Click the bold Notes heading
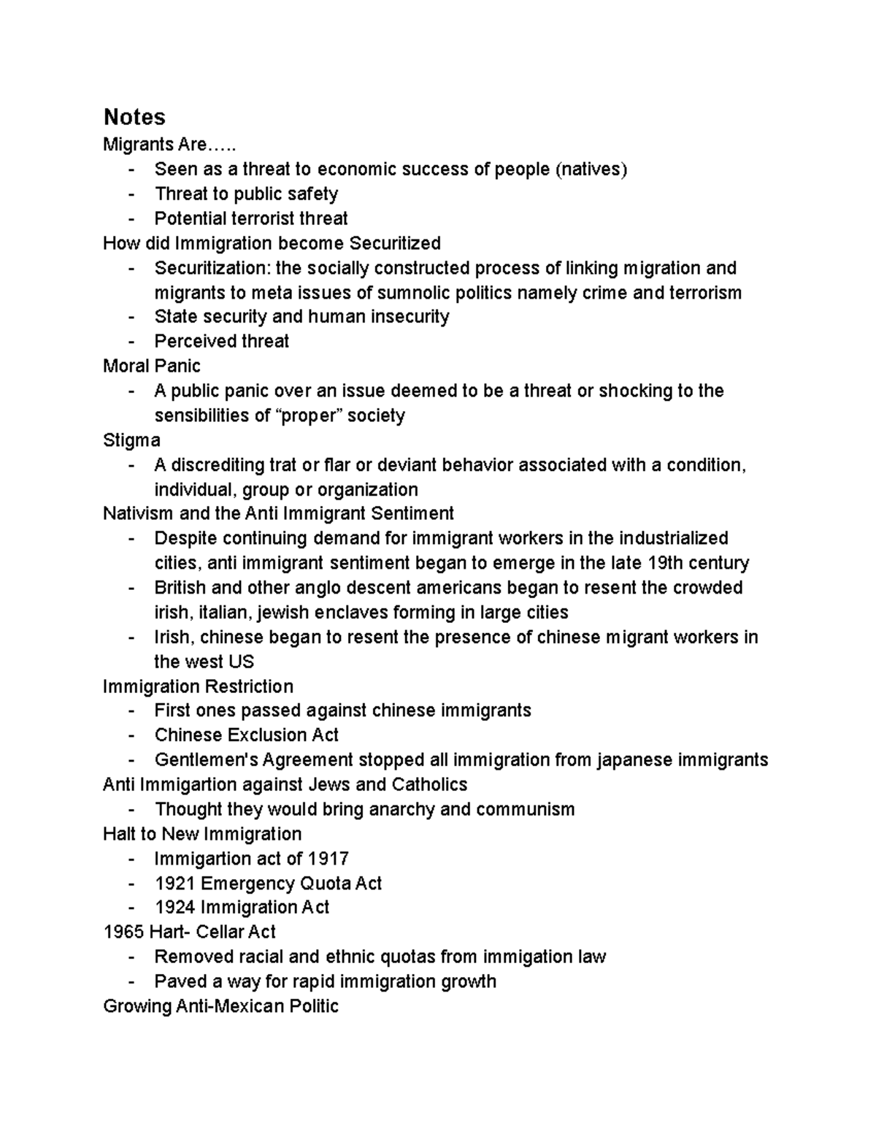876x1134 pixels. click(134, 117)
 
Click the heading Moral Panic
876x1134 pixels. click(151, 366)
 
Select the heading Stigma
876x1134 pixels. click(131, 440)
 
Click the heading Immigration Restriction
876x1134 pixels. click(198, 686)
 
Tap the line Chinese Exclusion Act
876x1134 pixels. click(246, 735)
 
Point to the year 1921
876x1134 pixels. click(174, 883)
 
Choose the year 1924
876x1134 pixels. click(174, 907)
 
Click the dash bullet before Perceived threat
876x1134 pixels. click(131, 341)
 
